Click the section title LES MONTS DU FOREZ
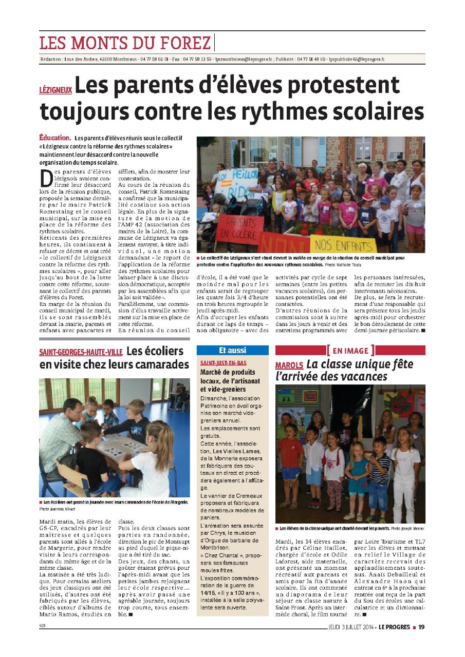click(125, 42)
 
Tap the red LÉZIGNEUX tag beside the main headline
click(55, 88)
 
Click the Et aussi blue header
click(232, 351)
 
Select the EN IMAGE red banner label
click(350, 351)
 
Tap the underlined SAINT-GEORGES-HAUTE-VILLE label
click(80, 353)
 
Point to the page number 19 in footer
click(421, 626)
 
